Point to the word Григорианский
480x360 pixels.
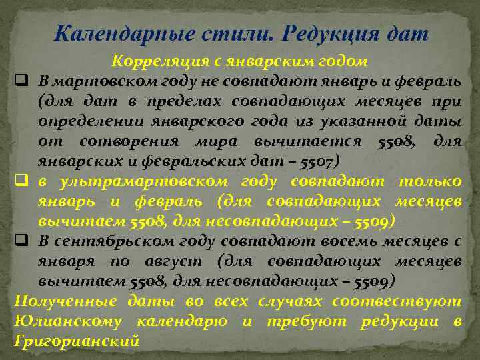coord(76,341)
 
